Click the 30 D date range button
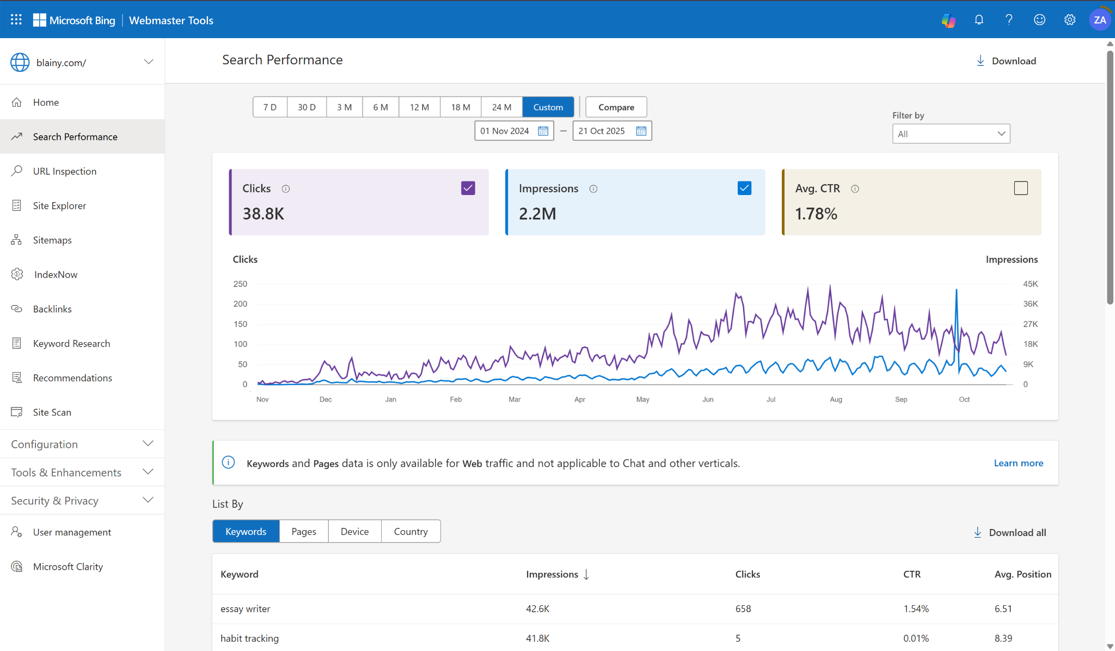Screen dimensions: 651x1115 pos(307,107)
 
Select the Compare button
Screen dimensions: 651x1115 pos(616,107)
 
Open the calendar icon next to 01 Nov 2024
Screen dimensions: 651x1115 pos(543,131)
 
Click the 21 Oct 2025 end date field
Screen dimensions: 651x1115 pos(602,131)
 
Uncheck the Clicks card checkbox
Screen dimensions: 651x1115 pos(468,188)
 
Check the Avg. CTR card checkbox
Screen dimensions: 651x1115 pos(1021,188)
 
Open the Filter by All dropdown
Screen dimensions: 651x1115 pos(951,134)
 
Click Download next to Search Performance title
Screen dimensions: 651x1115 pos(1006,61)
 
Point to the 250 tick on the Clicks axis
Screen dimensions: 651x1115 pos(240,284)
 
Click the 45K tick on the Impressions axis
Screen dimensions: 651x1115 pos(1030,284)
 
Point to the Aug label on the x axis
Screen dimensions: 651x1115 pos(836,399)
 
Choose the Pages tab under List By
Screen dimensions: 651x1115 pos(304,532)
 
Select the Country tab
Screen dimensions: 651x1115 pos(411,532)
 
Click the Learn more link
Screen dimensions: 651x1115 pos(1018,463)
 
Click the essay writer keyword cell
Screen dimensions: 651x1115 pos(246,609)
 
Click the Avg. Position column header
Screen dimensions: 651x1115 pos(1022,574)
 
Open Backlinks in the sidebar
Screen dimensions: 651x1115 pos(52,309)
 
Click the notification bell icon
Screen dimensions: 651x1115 pos(979,20)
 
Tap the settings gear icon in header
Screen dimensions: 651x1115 pos(1069,20)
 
